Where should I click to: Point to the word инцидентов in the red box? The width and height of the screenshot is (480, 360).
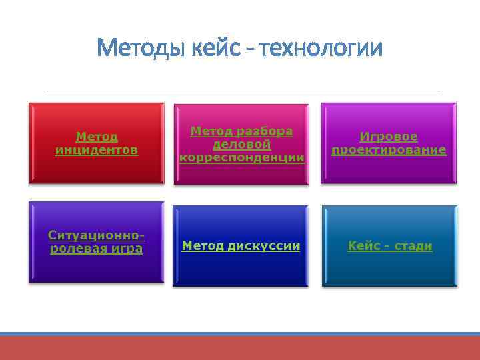tap(97, 150)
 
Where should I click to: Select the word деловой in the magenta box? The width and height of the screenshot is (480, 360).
tap(241, 145)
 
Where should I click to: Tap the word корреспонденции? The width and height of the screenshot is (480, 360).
tap(241, 158)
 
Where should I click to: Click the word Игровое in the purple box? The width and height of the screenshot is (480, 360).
tap(389, 137)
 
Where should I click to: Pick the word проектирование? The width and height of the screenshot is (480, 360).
tap(389, 150)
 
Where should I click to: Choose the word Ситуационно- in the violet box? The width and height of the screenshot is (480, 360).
tap(97, 235)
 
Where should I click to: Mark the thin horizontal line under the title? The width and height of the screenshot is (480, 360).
tap(243, 91)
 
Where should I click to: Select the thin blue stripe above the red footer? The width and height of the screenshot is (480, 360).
tap(240, 333)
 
